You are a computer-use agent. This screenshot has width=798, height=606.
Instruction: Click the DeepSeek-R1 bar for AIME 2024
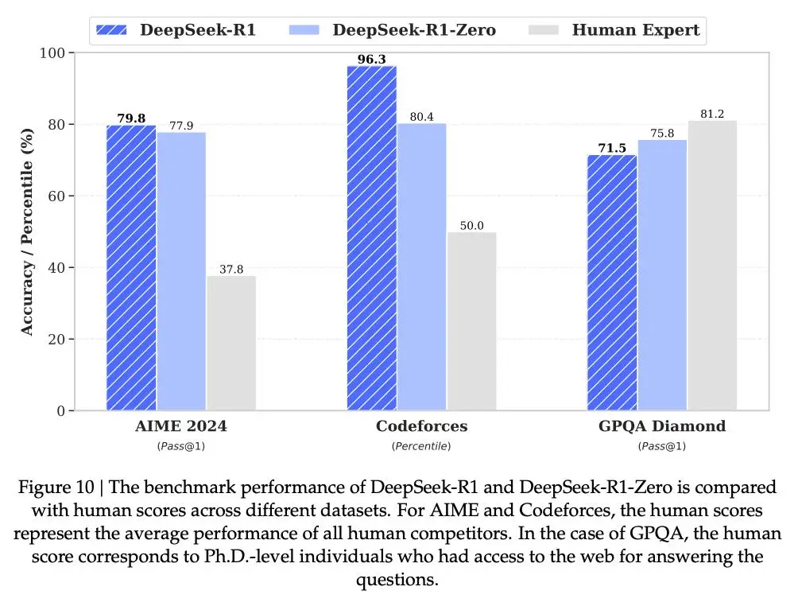(x=131, y=267)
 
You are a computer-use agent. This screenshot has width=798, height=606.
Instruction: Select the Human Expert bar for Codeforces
(x=471, y=321)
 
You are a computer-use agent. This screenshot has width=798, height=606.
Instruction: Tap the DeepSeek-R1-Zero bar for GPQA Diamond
(x=662, y=275)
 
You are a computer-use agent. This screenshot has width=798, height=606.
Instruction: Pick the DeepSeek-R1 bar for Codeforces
(x=372, y=238)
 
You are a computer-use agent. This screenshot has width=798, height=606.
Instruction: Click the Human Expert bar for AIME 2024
(x=231, y=343)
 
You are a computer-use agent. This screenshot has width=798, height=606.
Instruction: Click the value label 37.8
(x=231, y=268)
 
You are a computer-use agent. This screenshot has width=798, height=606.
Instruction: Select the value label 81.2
(x=712, y=114)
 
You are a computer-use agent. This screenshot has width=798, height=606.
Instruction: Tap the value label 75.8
(x=662, y=133)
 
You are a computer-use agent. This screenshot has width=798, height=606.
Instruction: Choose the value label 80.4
(x=421, y=116)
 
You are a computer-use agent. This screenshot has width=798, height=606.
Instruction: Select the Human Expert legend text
(x=636, y=30)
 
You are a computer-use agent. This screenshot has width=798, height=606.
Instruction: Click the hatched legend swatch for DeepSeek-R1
(x=112, y=30)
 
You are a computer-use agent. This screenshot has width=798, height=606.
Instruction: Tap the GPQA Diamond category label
(x=662, y=426)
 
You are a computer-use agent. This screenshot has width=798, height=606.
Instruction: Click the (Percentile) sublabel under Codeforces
(x=421, y=446)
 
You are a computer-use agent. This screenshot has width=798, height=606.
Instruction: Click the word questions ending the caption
(x=397, y=580)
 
